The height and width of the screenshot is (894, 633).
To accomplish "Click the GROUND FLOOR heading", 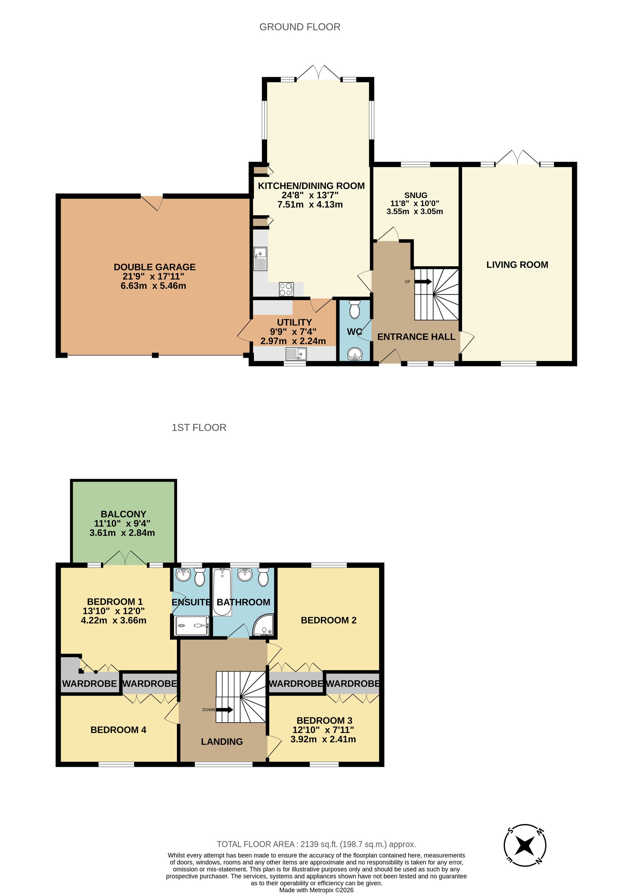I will click(299, 27).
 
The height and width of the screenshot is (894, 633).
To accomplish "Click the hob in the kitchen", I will click(286, 289).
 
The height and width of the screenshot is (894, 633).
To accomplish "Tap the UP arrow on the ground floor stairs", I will click(423, 281).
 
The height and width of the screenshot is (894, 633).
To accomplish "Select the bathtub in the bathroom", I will click(222, 592).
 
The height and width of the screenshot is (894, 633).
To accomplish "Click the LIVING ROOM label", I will click(517, 265).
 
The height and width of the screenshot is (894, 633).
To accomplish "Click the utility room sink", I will click(296, 354).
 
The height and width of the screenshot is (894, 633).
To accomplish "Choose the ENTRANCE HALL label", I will click(416, 337).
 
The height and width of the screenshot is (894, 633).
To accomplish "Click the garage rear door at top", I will click(152, 202).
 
